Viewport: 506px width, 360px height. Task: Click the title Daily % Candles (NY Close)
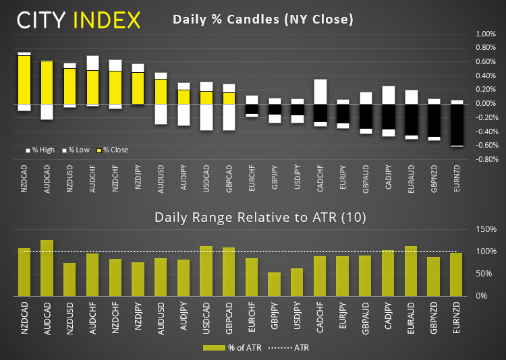tap(263, 19)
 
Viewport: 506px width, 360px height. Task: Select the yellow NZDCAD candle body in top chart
tap(24, 79)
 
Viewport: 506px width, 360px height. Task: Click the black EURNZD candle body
tap(457, 124)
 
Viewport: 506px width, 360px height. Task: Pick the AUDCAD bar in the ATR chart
tap(47, 268)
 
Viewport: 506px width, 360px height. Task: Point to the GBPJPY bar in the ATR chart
tap(275, 284)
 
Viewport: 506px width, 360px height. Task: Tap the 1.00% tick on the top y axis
tap(486, 34)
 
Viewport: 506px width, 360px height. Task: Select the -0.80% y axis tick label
tap(485, 160)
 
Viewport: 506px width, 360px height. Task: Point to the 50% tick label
tap(487, 274)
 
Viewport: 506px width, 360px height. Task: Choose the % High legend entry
tap(40, 150)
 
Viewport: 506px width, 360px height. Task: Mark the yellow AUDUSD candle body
tap(161, 91)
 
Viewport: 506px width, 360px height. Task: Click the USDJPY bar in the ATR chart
tap(298, 282)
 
